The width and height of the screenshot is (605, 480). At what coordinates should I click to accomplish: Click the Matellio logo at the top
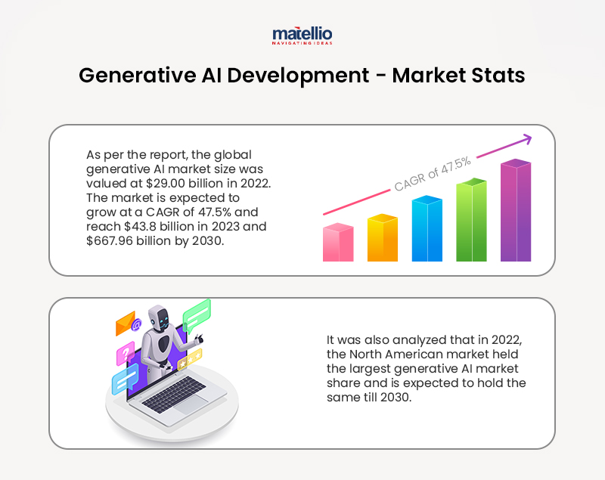coord(302,36)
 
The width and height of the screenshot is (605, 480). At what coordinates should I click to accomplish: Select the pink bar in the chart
coord(338,243)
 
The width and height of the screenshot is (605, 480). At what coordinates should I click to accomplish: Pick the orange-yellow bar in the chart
coord(382,239)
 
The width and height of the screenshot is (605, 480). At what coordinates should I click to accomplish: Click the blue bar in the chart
coord(427,229)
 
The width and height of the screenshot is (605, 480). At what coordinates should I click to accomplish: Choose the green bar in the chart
coord(471,221)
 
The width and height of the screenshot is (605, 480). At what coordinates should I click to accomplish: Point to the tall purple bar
coord(516,211)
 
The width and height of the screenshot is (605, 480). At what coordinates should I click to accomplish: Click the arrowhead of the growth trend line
coord(526,138)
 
